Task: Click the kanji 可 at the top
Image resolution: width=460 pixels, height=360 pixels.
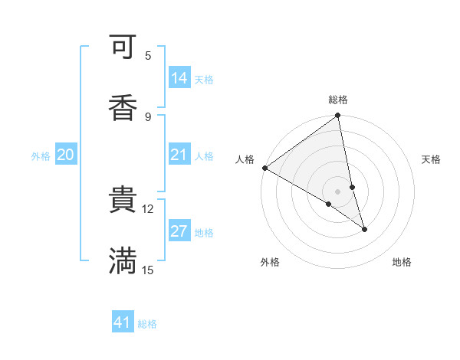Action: [x=123, y=48]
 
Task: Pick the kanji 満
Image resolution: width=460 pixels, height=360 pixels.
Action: [x=123, y=260]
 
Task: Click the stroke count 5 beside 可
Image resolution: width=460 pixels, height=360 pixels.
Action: [x=148, y=56]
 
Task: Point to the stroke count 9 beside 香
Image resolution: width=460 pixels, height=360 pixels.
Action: [x=148, y=116]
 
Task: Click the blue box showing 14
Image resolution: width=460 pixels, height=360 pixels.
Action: [x=179, y=78]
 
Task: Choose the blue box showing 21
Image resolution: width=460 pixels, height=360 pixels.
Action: [x=179, y=155]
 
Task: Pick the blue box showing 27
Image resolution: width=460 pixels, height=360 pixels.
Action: [x=179, y=231]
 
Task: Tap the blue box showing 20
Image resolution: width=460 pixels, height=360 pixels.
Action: [x=66, y=155]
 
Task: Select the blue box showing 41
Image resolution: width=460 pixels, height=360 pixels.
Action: [x=123, y=322]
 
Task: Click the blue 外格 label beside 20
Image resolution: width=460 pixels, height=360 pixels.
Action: [x=41, y=156]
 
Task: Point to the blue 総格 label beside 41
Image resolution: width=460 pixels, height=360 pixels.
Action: [x=148, y=324]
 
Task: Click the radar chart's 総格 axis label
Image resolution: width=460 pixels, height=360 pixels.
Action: [x=338, y=100]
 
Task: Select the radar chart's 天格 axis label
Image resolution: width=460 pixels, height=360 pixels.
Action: [x=431, y=159]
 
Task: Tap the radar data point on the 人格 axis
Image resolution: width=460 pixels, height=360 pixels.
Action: [x=264, y=168]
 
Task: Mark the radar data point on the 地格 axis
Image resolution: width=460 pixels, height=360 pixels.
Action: [x=364, y=229]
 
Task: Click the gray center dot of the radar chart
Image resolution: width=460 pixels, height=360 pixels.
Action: [x=338, y=191]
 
